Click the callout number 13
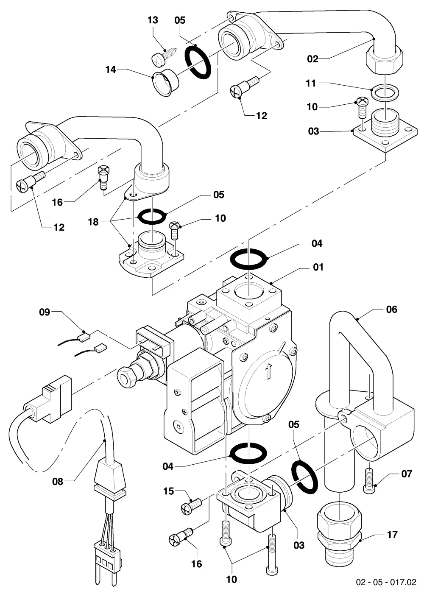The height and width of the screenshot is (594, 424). pyautogui.click(x=153, y=20)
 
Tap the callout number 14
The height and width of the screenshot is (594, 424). pyautogui.click(x=111, y=70)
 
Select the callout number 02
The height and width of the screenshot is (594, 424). pyautogui.click(x=312, y=59)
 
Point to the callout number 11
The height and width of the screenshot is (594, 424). pyautogui.click(x=311, y=83)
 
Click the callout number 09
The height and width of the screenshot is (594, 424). pyautogui.click(x=45, y=312)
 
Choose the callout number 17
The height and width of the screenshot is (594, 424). pyautogui.click(x=393, y=535)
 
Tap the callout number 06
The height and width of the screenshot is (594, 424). pyautogui.click(x=392, y=309)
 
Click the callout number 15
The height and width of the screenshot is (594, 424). pyautogui.click(x=169, y=491)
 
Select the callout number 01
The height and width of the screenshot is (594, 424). pyautogui.click(x=318, y=267)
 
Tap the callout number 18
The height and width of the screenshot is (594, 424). pyautogui.click(x=93, y=222)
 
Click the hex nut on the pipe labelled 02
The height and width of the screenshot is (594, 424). pyautogui.click(x=385, y=60)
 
